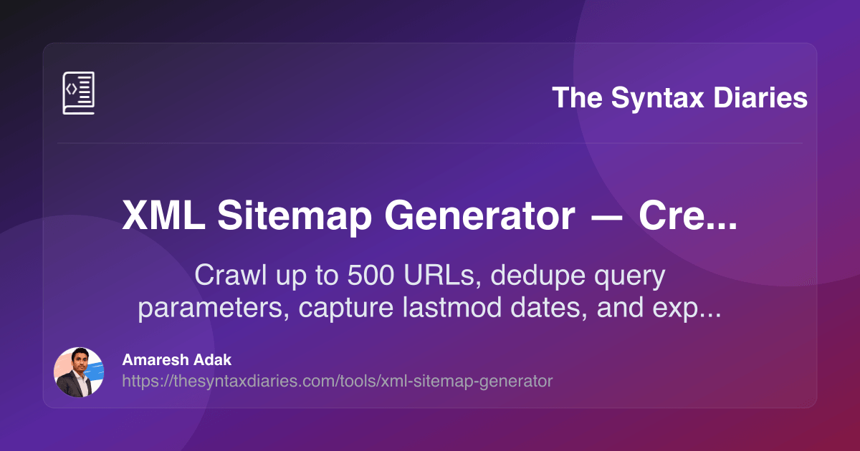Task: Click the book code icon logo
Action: (x=78, y=93)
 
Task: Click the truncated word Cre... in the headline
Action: (x=688, y=215)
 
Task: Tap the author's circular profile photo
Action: (x=78, y=372)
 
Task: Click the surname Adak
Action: (x=216, y=360)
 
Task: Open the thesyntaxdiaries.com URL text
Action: (x=338, y=382)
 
